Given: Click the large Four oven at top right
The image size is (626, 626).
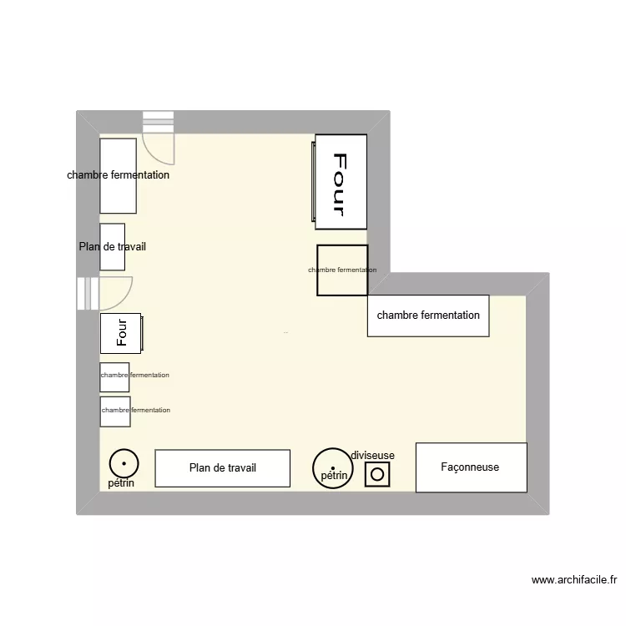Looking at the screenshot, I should click(x=341, y=181).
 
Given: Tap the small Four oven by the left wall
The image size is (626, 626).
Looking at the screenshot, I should click(x=121, y=333).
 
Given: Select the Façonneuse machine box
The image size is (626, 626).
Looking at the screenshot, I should click(x=471, y=467).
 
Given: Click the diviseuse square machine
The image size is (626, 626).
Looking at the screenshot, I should click(x=377, y=474).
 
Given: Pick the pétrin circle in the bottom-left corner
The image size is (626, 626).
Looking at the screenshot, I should click(x=124, y=462).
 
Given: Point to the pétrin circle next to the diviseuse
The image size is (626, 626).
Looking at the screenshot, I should click(x=331, y=467).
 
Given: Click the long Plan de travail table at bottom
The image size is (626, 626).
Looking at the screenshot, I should click(x=222, y=468).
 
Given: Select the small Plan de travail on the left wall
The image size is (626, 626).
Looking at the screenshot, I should click(x=113, y=246).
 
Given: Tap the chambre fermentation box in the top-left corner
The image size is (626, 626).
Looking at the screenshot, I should click(x=118, y=175).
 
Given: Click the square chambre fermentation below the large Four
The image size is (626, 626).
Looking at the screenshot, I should click(x=342, y=270).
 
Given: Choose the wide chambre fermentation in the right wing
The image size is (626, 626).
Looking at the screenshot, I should click(x=428, y=316).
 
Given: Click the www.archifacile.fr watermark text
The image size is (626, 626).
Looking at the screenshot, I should click(x=573, y=580).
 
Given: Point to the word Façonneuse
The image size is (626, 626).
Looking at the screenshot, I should click(x=470, y=467).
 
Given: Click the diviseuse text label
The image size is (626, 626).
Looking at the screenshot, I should click(x=372, y=455).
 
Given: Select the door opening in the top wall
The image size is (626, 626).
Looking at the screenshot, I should click(x=159, y=122).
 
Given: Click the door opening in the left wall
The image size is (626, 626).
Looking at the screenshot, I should click(x=88, y=293).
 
